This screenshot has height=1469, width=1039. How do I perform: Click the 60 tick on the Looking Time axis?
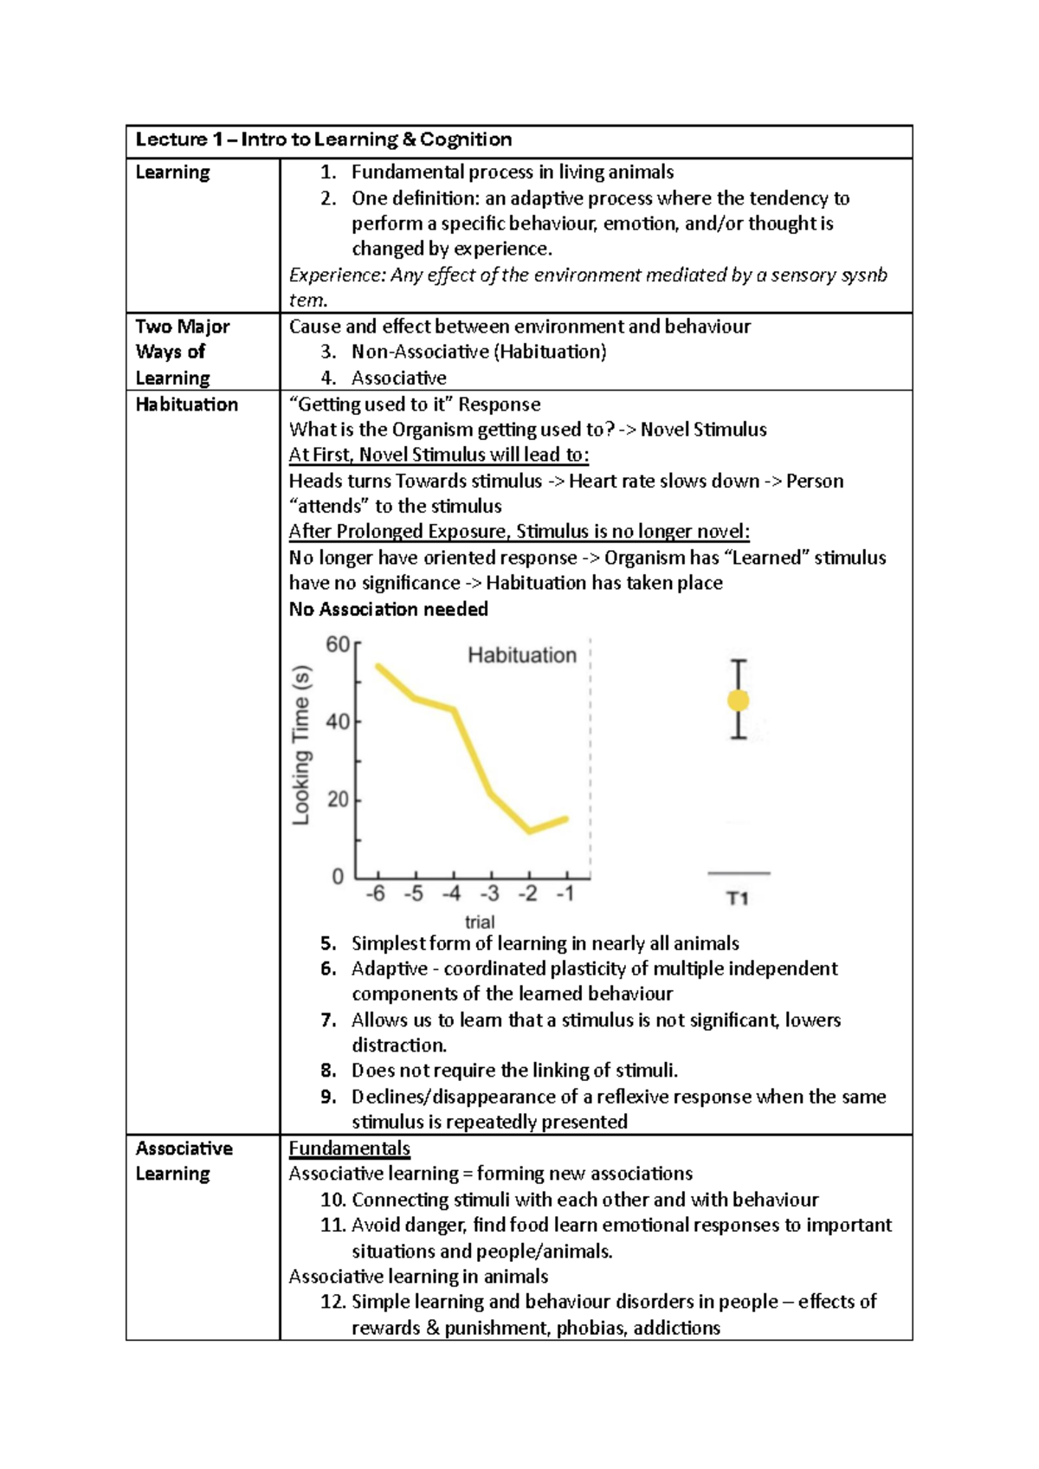[338, 644]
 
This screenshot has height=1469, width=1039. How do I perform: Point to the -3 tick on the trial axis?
[490, 893]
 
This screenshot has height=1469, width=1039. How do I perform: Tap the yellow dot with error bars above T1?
[738, 700]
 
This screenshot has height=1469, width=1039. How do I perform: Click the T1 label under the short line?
[738, 898]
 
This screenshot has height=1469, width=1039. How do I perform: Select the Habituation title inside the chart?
[522, 655]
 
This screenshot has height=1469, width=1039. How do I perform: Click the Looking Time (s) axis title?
[300, 745]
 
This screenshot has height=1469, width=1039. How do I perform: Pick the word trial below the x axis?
[480, 922]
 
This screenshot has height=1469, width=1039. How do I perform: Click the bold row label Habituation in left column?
[186, 404]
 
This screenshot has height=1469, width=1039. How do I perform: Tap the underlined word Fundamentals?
[349, 1149]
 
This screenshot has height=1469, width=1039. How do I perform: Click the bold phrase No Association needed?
[388, 609]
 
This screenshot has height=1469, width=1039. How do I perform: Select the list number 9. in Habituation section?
[328, 1097]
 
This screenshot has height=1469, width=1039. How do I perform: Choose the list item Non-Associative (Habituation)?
[478, 352]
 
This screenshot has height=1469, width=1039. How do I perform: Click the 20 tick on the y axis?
[338, 799]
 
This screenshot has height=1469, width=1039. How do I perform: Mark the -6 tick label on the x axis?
[376, 893]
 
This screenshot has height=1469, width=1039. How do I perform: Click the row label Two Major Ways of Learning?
[182, 352]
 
